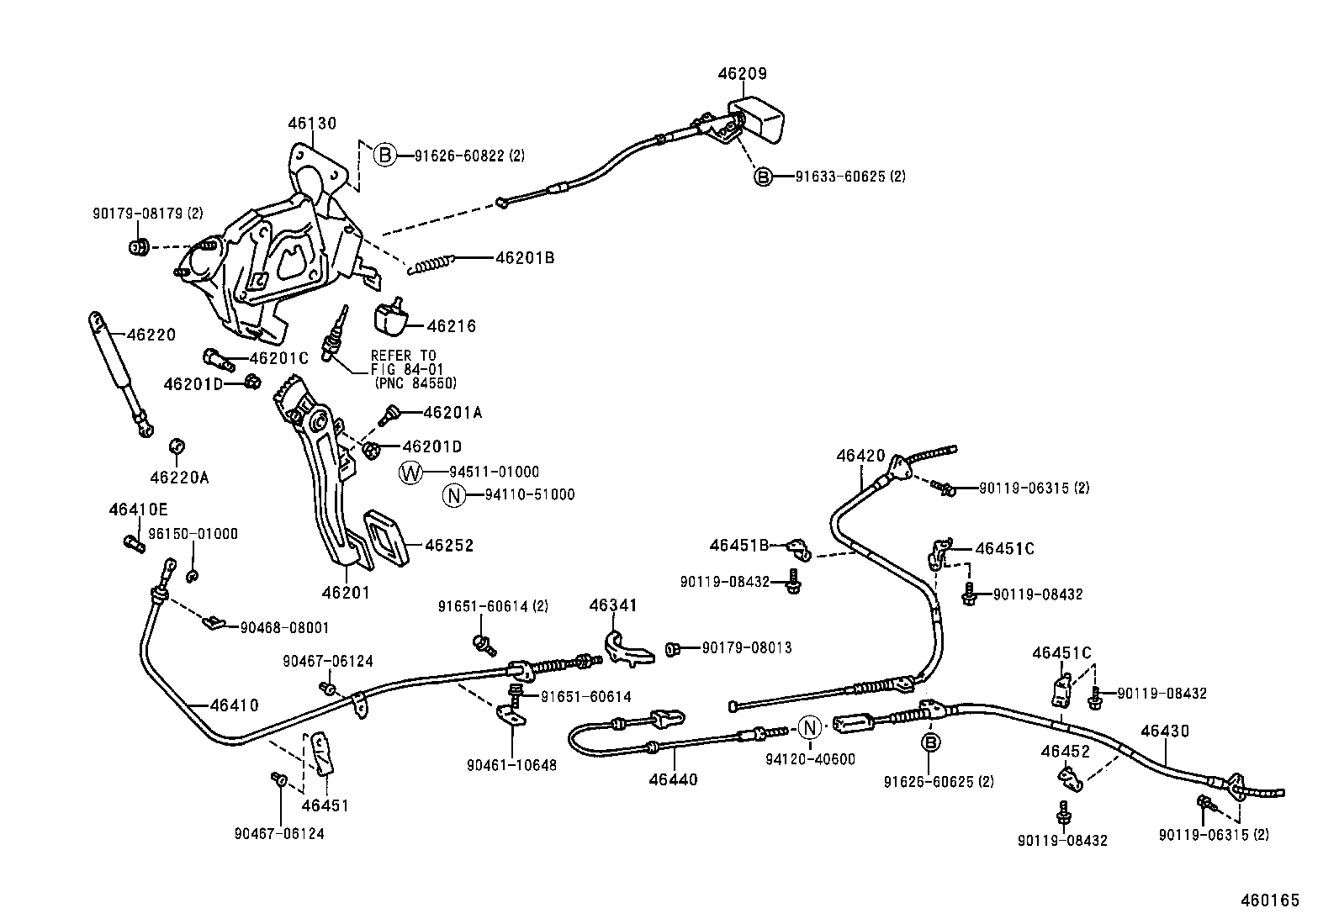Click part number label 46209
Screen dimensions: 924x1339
click(x=742, y=74)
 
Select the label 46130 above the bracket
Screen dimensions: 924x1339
click(x=311, y=124)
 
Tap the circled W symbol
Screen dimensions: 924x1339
click(x=410, y=473)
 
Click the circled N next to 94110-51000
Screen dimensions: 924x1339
click(x=453, y=495)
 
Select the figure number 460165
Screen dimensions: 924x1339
click(x=1270, y=900)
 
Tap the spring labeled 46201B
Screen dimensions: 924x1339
click(x=431, y=263)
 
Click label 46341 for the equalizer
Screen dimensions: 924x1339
click(x=613, y=605)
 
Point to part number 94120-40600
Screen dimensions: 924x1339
click(x=810, y=759)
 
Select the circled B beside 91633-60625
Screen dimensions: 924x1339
click(x=762, y=177)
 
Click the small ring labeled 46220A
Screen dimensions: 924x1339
click(x=177, y=445)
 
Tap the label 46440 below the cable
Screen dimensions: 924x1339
click(x=673, y=779)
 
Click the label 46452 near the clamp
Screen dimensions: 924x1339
click(x=1065, y=751)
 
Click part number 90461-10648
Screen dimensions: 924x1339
click(x=511, y=766)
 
